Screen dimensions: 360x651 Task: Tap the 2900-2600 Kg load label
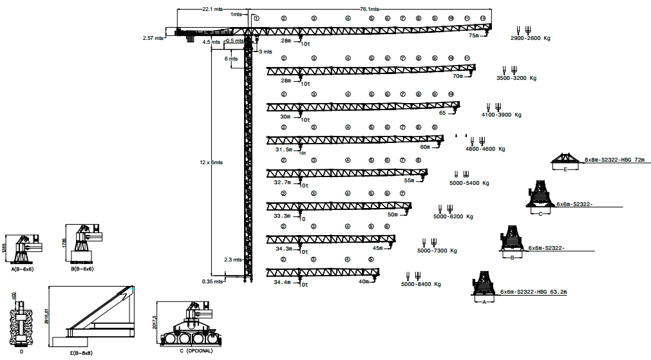[530, 39]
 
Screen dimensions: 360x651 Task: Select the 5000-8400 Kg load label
[420, 284]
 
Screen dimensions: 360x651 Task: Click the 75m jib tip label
[474, 36]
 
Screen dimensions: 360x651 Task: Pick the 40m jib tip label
[364, 281]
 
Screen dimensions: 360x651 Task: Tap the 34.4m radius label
[283, 282]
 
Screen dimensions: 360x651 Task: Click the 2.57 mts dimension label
[153, 38]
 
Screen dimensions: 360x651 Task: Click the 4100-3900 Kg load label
[501, 115]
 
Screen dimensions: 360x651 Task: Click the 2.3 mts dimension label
[233, 260]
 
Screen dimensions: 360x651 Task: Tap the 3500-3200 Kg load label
[516, 78]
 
